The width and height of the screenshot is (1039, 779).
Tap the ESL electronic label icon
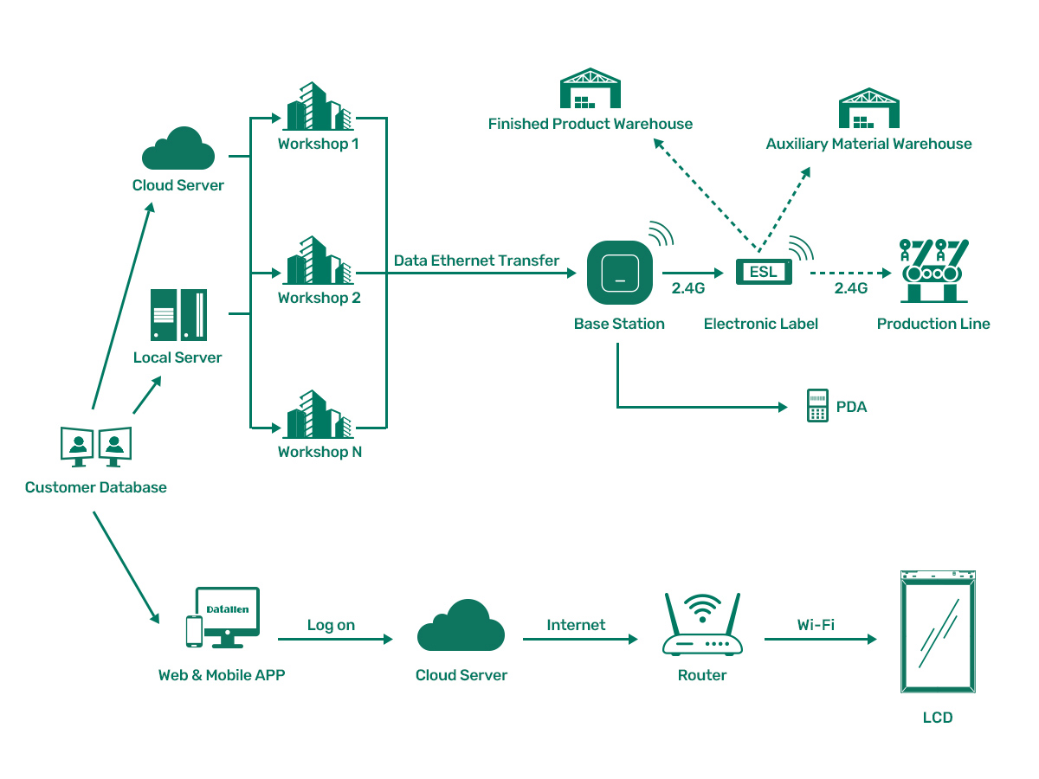[x=763, y=272]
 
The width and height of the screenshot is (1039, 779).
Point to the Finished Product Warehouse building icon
[x=590, y=89]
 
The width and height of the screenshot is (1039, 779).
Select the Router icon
[x=701, y=625]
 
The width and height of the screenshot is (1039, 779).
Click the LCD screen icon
[x=938, y=632]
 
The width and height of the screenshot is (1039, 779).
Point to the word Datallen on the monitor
[x=228, y=609]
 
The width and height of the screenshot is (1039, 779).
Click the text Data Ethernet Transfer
[x=476, y=261]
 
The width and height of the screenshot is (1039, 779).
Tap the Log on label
[x=331, y=625]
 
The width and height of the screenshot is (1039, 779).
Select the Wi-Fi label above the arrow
[x=816, y=625]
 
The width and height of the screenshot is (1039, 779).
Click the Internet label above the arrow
[x=576, y=625]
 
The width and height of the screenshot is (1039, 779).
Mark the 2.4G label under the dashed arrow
[x=850, y=289]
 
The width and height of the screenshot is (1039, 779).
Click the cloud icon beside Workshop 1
[x=178, y=149]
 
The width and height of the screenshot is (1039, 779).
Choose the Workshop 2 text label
[x=319, y=298]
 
